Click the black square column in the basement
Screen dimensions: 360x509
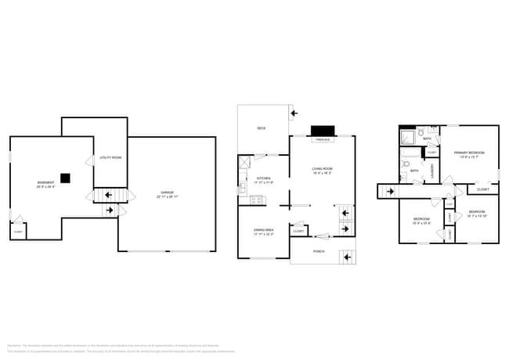(68, 178)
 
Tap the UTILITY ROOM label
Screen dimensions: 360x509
(110, 158)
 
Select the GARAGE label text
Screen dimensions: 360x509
(167, 193)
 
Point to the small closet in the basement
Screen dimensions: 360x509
(18, 231)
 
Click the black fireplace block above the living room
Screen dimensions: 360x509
(321, 131)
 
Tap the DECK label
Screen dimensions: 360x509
(261, 128)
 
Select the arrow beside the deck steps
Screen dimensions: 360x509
(294, 113)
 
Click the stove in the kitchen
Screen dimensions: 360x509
(254, 200)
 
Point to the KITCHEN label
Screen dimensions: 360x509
(264, 178)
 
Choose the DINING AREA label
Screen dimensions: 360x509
(263, 230)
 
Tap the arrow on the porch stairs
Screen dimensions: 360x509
(341, 257)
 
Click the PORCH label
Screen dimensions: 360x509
(319, 251)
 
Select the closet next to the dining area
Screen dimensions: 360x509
(298, 231)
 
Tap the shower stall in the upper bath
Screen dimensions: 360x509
(407, 139)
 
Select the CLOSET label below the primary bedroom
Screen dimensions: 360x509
(483, 189)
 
